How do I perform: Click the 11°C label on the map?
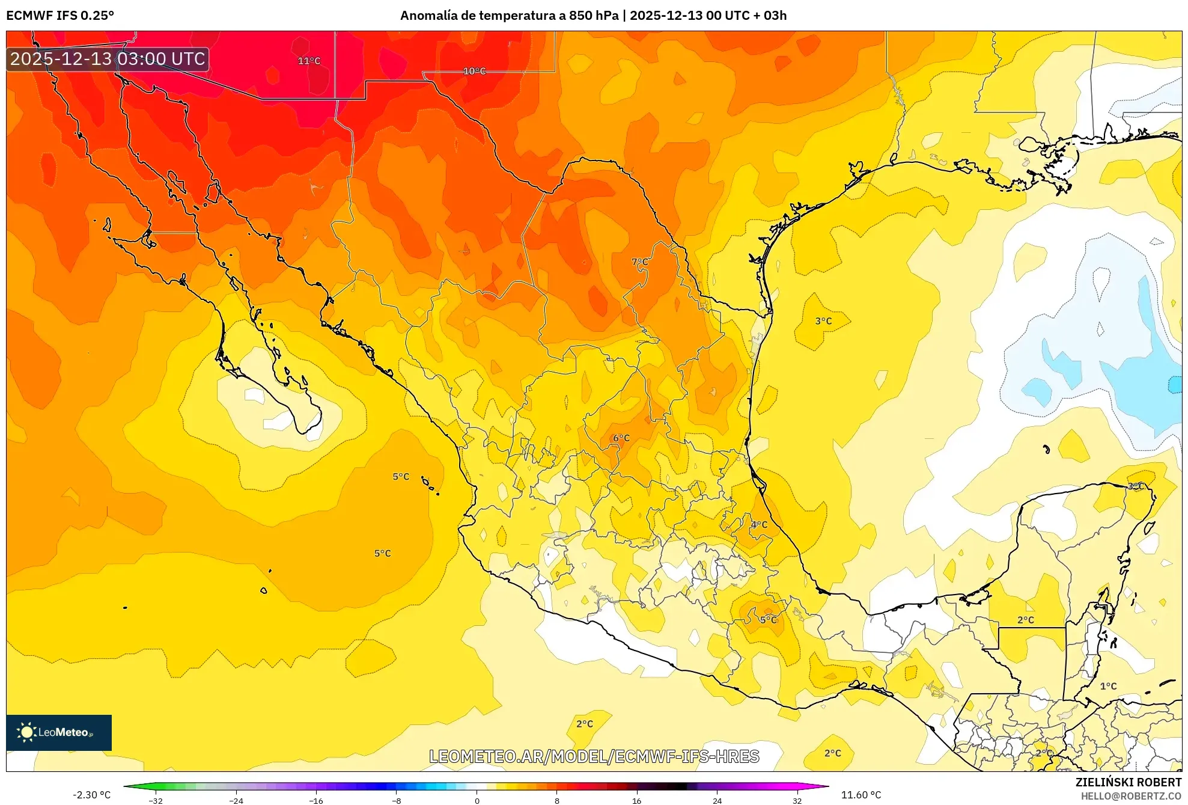pos(309,61)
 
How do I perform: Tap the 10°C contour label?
pos(474,71)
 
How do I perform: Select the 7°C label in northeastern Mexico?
pos(640,262)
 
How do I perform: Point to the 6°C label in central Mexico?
pos(621,438)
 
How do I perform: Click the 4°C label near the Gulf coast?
pos(759,524)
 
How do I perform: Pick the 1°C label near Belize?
pos(1108,686)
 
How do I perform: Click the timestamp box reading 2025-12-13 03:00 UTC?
pos(108,59)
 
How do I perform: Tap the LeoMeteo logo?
pos(59,732)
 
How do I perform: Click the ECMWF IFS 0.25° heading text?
pos(60,16)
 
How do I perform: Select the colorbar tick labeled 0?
pos(477,800)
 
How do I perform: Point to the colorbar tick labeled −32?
pos(156,800)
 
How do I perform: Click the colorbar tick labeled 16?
pos(637,800)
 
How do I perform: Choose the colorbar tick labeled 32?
pos(797,800)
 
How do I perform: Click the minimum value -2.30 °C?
pos(92,795)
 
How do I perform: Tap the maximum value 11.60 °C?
pos(861,795)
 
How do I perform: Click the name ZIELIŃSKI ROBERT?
pos(1128,782)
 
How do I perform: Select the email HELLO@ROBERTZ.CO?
pos(1131,796)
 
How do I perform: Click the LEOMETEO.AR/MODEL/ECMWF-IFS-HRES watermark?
pos(594,756)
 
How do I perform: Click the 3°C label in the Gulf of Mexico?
pos(823,321)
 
